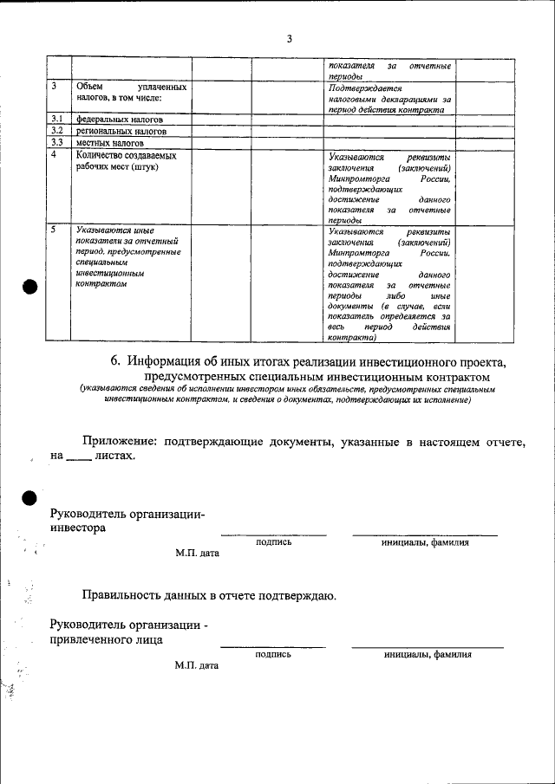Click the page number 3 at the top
click(x=290, y=39)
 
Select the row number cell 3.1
click(x=57, y=120)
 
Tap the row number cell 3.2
click(x=57, y=131)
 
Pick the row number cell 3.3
click(x=57, y=142)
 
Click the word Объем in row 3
click(x=91, y=87)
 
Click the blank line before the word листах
click(x=79, y=457)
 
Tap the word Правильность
click(x=125, y=596)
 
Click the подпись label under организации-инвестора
click(x=273, y=543)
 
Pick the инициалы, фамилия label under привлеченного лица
click(x=428, y=655)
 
